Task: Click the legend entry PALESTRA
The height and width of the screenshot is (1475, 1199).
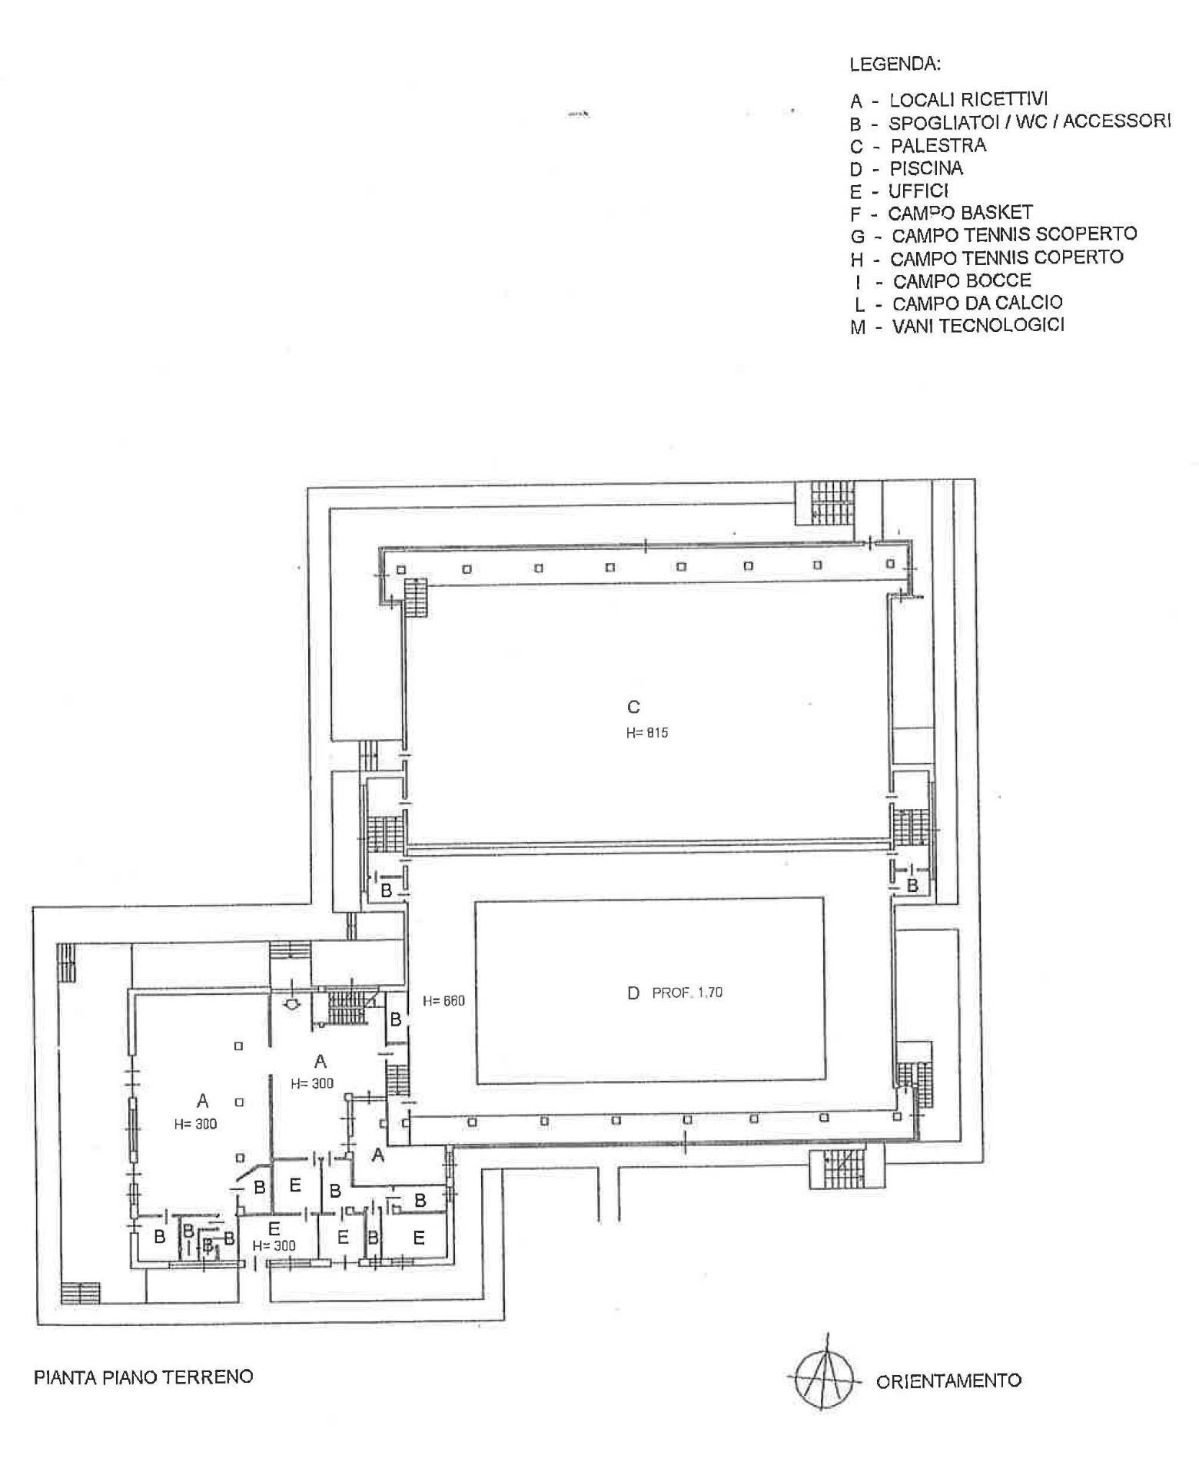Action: (x=938, y=145)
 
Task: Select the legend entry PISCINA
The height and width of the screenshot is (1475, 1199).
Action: (x=926, y=167)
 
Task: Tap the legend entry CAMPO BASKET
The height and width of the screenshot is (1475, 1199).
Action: (x=960, y=212)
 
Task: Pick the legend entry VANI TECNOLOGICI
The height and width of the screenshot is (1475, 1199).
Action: (x=978, y=325)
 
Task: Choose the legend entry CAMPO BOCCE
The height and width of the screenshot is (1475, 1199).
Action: (x=962, y=280)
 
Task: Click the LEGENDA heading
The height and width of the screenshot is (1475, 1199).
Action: (x=895, y=64)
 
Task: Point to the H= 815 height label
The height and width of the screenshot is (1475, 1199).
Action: (x=647, y=733)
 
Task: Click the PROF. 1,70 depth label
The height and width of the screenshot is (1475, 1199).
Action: (x=687, y=993)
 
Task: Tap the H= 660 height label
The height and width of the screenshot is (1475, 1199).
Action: (x=443, y=1001)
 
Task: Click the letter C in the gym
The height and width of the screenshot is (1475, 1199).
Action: (x=634, y=707)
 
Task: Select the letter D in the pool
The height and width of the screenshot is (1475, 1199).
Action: (x=633, y=993)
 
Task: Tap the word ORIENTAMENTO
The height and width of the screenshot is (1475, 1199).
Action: (x=948, y=1381)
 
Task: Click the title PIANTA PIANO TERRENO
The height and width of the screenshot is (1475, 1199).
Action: (x=144, y=1376)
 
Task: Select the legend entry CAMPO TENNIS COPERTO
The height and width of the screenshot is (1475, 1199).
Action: (x=1007, y=257)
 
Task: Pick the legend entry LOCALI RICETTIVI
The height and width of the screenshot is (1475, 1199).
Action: (x=968, y=99)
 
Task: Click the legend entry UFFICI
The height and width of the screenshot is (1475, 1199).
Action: (x=918, y=190)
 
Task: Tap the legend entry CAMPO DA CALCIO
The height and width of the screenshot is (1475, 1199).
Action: (x=978, y=303)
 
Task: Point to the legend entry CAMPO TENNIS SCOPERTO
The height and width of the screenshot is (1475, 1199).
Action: (x=1015, y=234)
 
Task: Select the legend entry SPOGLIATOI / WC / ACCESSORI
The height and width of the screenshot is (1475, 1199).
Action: (x=1030, y=121)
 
